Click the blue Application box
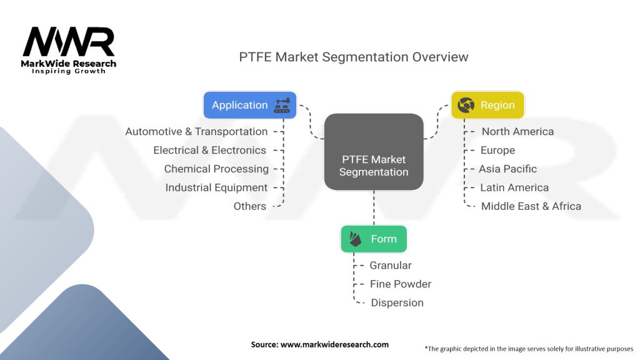click(x=250, y=105)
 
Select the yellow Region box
click(x=487, y=105)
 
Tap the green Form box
click(x=374, y=239)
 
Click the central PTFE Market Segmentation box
click(x=374, y=152)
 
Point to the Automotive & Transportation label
click(x=196, y=131)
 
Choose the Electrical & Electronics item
click(x=210, y=150)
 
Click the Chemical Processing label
click(x=216, y=169)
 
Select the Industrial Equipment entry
click(x=216, y=187)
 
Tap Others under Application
click(x=250, y=206)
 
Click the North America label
click(x=517, y=131)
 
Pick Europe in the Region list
click(x=497, y=150)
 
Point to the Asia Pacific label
click(x=507, y=169)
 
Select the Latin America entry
click(x=514, y=187)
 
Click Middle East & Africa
click(x=531, y=206)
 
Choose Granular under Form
click(x=391, y=265)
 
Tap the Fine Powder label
click(x=401, y=284)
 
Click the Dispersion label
click(x=397, y=303)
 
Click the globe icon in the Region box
click(x=466, y=105)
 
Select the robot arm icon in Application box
click(x=282, y=105)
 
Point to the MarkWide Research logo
click(x=69, y=50)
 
